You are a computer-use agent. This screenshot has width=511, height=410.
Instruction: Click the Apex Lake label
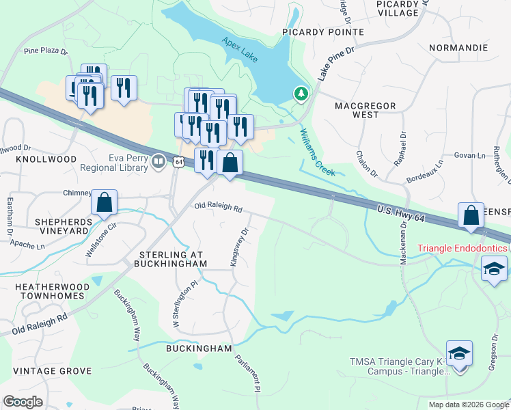tap(240, 50)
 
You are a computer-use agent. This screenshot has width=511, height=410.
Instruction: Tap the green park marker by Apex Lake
tap(301, 94)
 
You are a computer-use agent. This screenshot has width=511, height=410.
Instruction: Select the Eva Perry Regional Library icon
tap(158, 161)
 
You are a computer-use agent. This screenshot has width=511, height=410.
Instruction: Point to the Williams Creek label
tap(317, 153)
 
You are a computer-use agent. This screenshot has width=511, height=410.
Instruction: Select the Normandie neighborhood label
tap(458, 48)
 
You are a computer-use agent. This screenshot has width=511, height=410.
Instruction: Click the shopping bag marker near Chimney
tap(104, 203)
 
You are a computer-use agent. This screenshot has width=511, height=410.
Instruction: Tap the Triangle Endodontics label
tap(463, 247)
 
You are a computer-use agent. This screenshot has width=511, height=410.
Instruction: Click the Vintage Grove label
tap(52, 371)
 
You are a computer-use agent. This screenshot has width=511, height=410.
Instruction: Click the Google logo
tap(23, 402)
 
